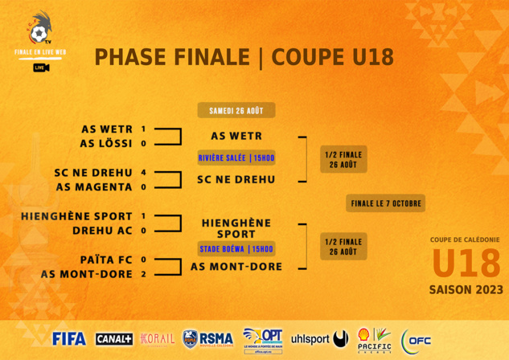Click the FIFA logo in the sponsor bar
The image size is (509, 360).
click(68, 338)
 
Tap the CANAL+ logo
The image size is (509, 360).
click(114, 339)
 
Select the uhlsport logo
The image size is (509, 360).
click(319, 339)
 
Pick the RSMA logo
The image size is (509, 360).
click(207, 339)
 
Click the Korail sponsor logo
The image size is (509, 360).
click(157, 338)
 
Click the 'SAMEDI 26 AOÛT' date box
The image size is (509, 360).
click(236, 111)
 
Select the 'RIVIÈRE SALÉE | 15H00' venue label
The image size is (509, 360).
click(236, 158)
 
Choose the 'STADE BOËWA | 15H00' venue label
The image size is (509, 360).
click(236, 249)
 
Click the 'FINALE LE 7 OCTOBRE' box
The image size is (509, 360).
click(386, 204)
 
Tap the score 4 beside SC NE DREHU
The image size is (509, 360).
click(143, 172)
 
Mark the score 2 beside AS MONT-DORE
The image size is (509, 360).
click(143, 274)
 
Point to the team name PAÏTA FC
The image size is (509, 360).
click(106, 260)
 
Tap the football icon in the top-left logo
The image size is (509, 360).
click(37, 34)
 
